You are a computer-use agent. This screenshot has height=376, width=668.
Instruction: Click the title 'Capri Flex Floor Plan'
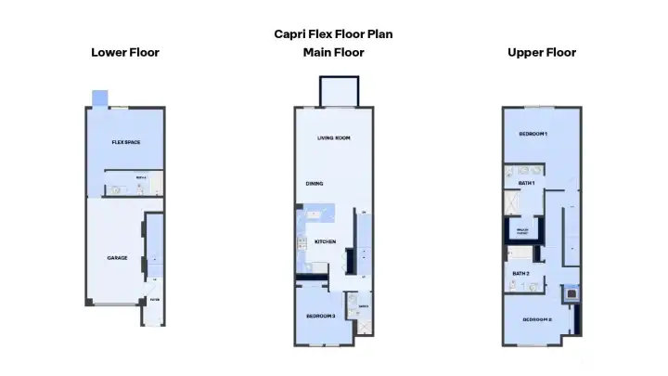(333, 33)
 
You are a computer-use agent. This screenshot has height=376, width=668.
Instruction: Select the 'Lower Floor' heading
(125, 52)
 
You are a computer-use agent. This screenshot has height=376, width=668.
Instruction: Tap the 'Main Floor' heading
(333, 52)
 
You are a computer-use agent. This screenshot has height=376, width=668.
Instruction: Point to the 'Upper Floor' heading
(542, 52)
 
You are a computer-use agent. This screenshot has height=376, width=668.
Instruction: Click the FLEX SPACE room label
(125, 142)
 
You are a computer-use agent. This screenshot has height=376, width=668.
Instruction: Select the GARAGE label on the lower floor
(117, 257)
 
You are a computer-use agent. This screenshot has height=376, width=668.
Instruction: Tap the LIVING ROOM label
(333, 137)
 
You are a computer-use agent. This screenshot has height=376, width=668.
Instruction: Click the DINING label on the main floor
(315, 183)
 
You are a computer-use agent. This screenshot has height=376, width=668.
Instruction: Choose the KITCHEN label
(325, 241)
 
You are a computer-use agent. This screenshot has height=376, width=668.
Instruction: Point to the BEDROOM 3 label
(321, 317)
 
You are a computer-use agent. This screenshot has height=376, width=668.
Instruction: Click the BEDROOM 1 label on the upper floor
(533, 135)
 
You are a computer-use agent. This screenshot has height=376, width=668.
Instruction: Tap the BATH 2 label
(520, 273)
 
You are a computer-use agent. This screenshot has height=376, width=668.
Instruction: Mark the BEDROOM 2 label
(536, 320)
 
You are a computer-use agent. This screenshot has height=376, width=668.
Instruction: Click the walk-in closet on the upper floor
(521, 229)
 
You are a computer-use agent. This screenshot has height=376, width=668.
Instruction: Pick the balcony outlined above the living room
(333, 92)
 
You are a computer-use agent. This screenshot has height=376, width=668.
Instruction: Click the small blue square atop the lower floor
(99, 98)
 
